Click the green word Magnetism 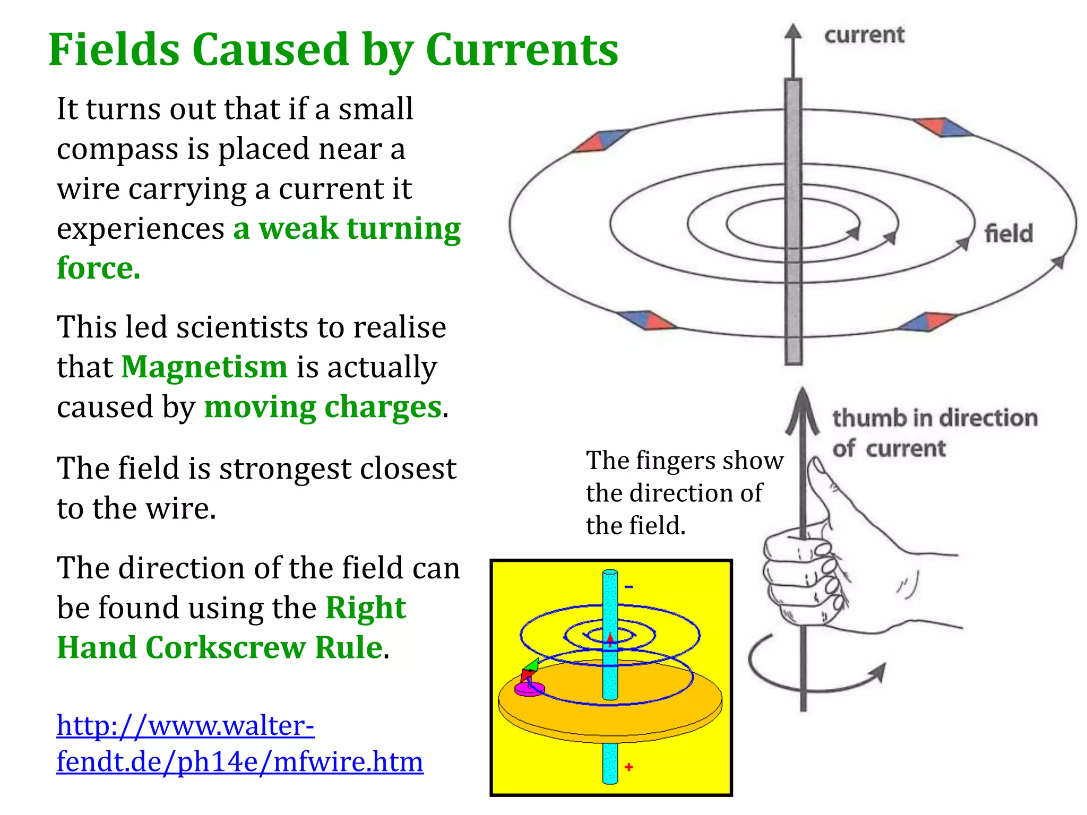click(x=204, y=367)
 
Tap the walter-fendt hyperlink click(x=239, y=743)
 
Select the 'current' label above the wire click(x=864, y=35)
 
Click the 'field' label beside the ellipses click(x=1008, y=233)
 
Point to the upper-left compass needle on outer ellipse click(x=601, y=141)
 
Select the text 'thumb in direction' click(x=935, y=418)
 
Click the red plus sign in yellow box click(x=629, y=767)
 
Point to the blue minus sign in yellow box click(x=629, y=587)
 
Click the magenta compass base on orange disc click(x=529, y=689)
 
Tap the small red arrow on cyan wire click(x=610, y=639)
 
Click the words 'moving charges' click(x=323, y=407)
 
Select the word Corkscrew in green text click(x=226, y=648)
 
